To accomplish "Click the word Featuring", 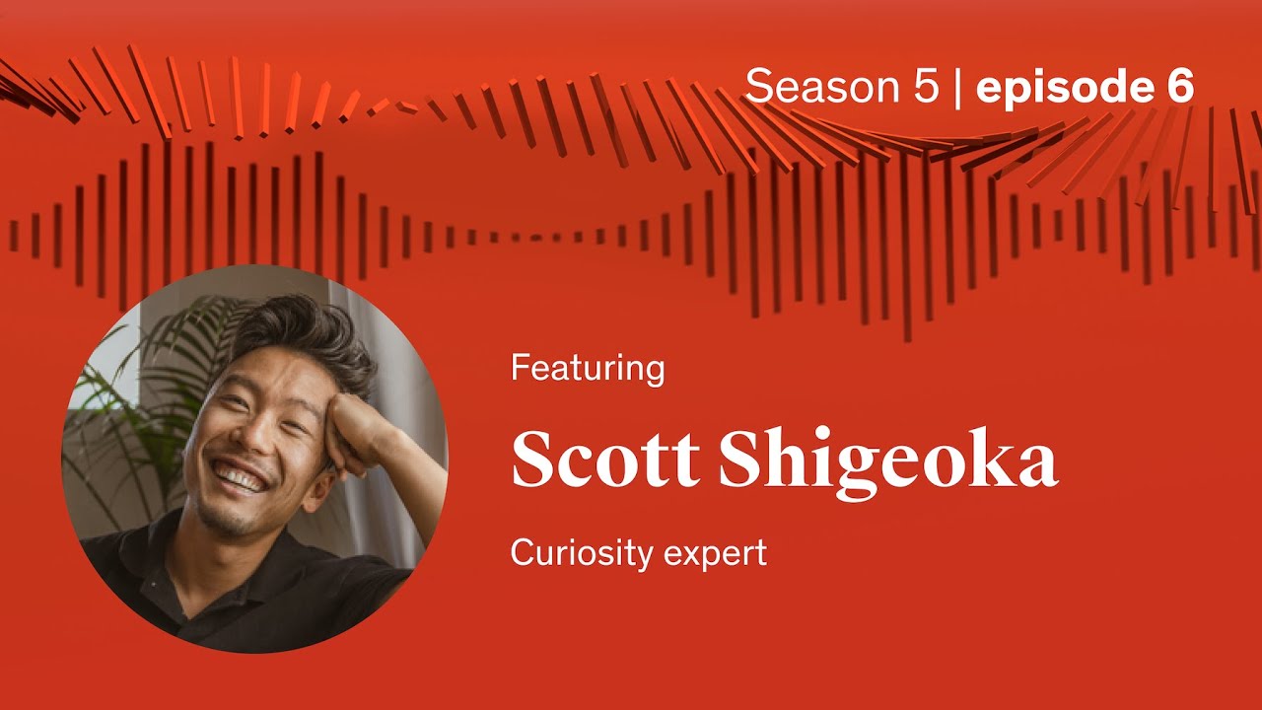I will click(x=588, y=369).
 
